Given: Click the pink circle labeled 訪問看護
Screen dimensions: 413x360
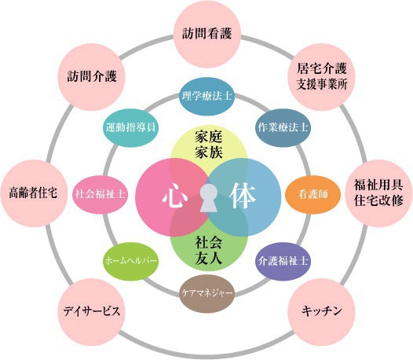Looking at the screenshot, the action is pyautogui.click(x=207, y=34).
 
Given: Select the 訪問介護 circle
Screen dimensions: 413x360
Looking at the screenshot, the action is pyautogui.click(x=91, y=77).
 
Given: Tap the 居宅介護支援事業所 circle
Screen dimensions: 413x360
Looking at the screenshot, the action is pyautogui.click(x=322, y=77).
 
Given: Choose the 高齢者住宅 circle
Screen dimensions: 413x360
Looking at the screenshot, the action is pyautogui.click(x=34, y=193).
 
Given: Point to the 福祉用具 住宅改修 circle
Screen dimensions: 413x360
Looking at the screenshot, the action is pyautogui.click(x=379, y=193).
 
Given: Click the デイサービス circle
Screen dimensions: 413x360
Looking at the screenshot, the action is pyautogui.click(x=91, y=312).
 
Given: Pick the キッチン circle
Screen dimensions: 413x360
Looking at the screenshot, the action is pyautogui.click(x=322, y=312).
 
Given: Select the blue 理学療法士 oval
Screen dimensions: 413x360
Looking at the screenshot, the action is pyautogui.click(x=206, y=96).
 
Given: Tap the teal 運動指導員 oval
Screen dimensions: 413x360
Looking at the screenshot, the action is pyautogui.click(x=130, y=128).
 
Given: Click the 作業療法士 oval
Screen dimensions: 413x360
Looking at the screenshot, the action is pyautogui.click(x=283, y=128).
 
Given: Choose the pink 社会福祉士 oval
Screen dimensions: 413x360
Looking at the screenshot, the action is pyautogui.click(x=100, y=195).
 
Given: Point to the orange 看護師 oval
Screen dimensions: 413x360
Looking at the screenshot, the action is pyautogui.click(x=313, y=195).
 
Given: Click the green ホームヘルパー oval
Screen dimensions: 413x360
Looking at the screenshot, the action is pyautogui.click(x=130, y=262).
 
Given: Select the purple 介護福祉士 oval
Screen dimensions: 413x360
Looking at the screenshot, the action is pyautogui.click(x=283, y=262).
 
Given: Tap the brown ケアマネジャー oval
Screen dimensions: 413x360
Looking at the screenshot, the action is pyautogui.click(x=206, y=293).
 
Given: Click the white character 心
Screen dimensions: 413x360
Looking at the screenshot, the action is pyautogui.click(x=173, y=197).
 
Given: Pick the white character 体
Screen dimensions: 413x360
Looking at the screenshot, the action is pyautogui.click(x=243, y=197).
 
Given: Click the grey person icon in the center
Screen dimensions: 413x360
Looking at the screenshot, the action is pyautogui.click(x=208, y=198).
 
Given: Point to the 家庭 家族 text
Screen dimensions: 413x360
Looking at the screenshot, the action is pyautogui.click(x=209, y=145).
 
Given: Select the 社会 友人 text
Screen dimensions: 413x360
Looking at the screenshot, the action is pyautogui.click(x=209, y=251).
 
